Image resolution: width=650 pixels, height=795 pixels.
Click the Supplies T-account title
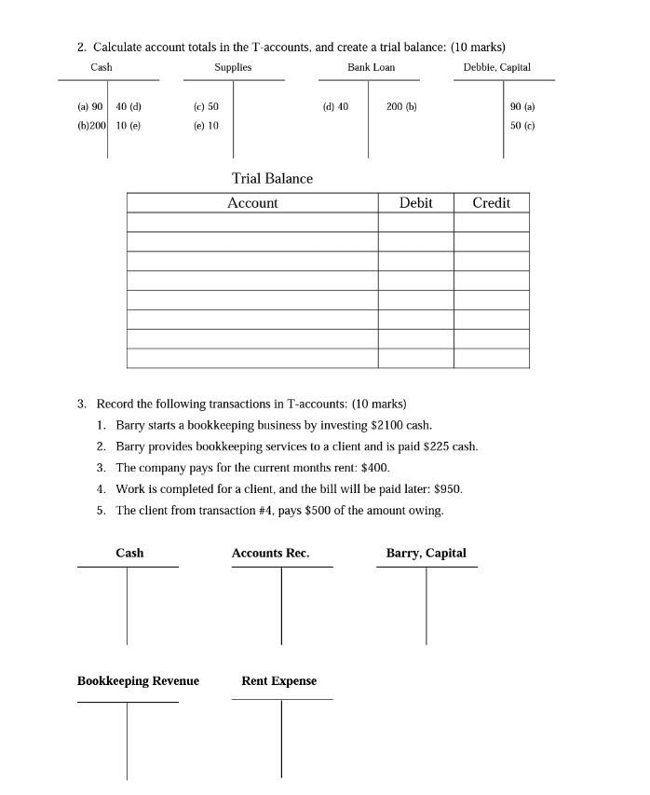pos(233,67)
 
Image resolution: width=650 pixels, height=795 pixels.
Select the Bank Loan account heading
pos(371,67)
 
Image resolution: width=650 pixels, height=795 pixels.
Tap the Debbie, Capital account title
pos(496,67)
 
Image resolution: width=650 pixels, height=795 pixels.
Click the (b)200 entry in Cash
pos(91,125)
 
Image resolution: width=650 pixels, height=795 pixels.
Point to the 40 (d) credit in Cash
pos(129,106)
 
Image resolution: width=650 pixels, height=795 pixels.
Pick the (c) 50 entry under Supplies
pos(206,106)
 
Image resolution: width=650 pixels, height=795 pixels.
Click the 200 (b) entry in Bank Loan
pos(401,106)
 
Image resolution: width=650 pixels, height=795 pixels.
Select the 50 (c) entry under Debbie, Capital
pos(522,125)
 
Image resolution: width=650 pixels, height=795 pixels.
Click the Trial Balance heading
pos(272,178)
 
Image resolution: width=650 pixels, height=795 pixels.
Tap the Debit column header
pos(415,202)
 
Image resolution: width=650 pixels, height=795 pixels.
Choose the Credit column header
pos(491,202)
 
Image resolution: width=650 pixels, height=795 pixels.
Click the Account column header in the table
pos(252,202)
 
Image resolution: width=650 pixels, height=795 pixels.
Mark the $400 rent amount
pos(374,468)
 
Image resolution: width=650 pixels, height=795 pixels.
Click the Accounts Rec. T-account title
pos(270,553)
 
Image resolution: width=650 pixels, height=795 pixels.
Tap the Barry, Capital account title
pos(426,553)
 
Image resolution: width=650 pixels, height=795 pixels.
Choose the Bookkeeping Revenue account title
pos(138,680)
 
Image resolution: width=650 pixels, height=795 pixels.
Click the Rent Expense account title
pos(278,680)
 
